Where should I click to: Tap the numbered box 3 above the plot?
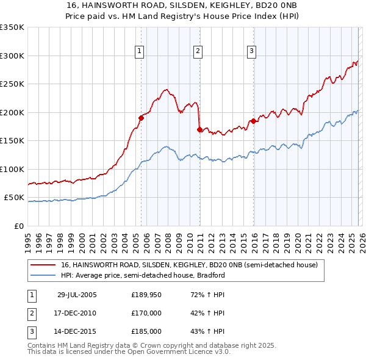click(x=252, y=52)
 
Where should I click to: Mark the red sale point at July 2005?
click(x=141, y=118)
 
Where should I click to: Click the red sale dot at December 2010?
click(x=199, y=129)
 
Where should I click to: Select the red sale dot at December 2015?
click(x=253, y=121)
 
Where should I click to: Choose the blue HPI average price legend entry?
click(x=143, y=275)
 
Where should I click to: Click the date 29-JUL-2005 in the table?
click(x=76, y=295)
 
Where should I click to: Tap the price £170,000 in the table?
click(x=146, y=313)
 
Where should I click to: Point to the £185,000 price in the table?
click(x=146, y=331)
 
